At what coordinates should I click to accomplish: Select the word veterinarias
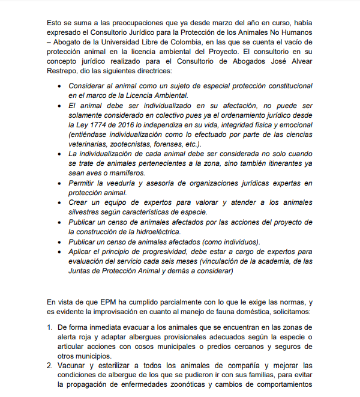click(91, 144)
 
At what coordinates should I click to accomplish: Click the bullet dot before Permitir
click(59, 183)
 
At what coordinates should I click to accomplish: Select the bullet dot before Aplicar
click(59, 251)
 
